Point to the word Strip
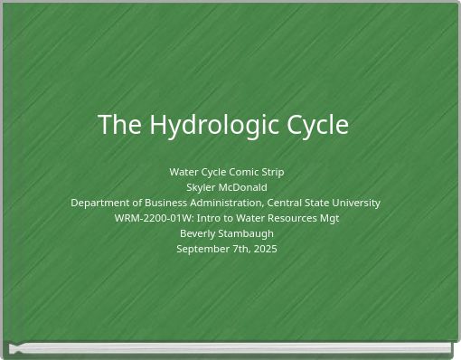coord(272,172)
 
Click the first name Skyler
coord(202,187)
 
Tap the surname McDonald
coord(243,187)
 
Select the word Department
coord(101,203)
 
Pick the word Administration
coord(228,203)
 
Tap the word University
coord(355,203)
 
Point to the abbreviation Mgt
coord(328,218)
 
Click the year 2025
coord(265,249)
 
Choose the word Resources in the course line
coord(289,218)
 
